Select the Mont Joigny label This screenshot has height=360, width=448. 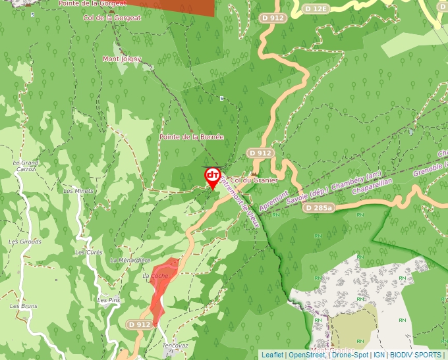tap(122, 59)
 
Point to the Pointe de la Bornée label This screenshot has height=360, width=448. tap(192, 137)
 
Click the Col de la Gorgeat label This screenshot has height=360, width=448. tap(113, 18)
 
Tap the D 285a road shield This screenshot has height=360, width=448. tap(319, 208)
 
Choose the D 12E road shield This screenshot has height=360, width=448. tap(317, 9)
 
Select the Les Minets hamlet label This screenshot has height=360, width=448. tap(78, 191)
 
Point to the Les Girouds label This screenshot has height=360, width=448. tap(25, 242)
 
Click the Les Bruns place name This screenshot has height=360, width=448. tap(24, 307)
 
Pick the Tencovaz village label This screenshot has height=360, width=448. tap(175, 345)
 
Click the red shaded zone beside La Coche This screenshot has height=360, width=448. tap(160, 290)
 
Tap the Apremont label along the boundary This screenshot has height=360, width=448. tap(274, 201)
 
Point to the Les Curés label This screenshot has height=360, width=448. tap(88, 252)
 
